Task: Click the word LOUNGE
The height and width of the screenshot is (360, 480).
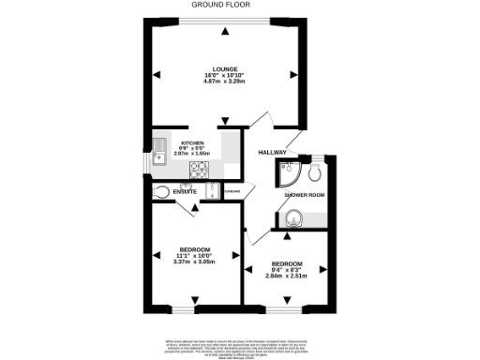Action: [x=224, y=69]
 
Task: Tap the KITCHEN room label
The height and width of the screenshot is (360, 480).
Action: [x=192, y=143]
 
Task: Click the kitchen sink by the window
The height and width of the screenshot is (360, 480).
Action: [x=161, y=153]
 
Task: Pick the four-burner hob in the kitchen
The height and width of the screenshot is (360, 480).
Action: [x=200, y=169]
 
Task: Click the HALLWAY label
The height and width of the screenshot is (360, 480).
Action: [x=272, y=152]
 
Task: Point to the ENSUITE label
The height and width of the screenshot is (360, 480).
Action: [x=185, y=193]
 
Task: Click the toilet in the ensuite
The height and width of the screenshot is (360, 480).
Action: [x=163, y=193]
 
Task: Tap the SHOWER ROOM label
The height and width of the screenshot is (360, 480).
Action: [x=304, y=194]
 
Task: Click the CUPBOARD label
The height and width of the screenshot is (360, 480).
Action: [x=232, y=192]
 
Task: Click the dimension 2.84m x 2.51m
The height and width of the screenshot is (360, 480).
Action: [x=286, y=276]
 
